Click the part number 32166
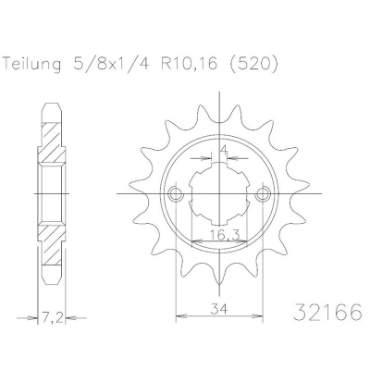[327, 313]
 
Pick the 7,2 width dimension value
[52, 316]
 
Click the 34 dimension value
[219, 308]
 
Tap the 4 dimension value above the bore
[224, 150]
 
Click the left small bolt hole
[176, 194]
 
